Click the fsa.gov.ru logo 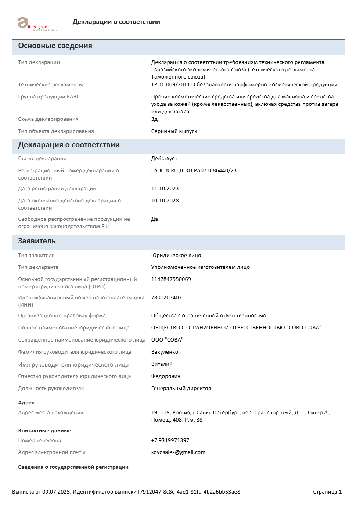(37, 24)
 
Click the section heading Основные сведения (55, 46)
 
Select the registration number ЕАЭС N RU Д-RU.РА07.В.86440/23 (194, 170)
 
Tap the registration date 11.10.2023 (165, 188)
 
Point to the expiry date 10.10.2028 (165, 201)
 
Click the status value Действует (164, 158)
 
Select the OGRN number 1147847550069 (171, 279)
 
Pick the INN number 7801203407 (166, 297)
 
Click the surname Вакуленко (165, 352)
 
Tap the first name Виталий (162, 364)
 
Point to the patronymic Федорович (166, 376)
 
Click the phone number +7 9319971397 (170, 440)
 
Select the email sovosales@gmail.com (178, 452)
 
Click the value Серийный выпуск (174, 131)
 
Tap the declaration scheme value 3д (154, 119)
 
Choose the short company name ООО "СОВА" (167, 340)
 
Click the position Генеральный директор (181, 388)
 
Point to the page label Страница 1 (327, 492)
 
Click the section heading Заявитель (37, 241)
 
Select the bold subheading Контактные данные (44, 430)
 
